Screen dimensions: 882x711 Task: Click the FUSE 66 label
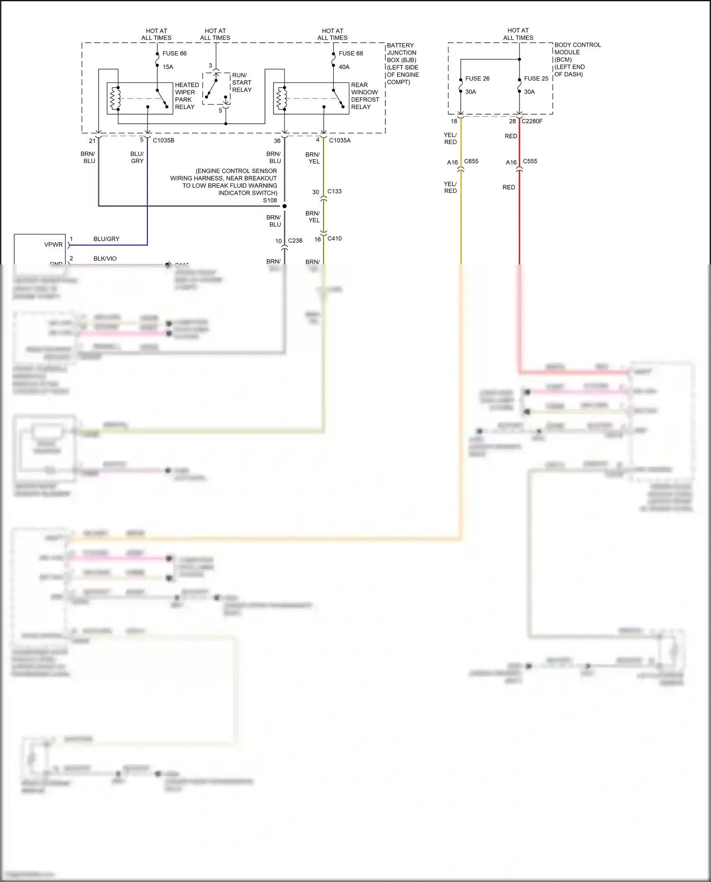(x=174, y=54)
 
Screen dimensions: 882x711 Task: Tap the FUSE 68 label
(x=350, y=54)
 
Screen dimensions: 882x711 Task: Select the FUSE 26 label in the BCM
(x=477, y=79)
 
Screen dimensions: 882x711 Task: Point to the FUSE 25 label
(x=536, y=79)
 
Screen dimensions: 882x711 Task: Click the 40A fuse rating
(x=344, y=67)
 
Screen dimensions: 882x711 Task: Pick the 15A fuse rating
(x=168, y=67)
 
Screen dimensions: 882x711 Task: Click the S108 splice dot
(x=284, y=206)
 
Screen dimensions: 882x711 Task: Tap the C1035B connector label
(x=163, y=141)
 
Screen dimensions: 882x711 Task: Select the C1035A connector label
(x=339, y=141)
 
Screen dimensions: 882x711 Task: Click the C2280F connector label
(x=532, y=121)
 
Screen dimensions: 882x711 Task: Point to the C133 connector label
(x=334, y=191)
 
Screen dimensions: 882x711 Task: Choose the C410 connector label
(x=334, y=239)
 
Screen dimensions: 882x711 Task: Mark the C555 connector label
(x=529, y=162)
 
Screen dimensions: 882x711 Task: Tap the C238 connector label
(x=295, y=241)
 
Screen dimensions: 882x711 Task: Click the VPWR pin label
(x=53, y=245)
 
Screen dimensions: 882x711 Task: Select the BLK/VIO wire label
(x=105, y=259)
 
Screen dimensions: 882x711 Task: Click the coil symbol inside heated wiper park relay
(x=115, y=99)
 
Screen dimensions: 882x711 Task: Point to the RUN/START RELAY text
(x=241, y=82)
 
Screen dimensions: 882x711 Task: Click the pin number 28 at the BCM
(x=512, y=121)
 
